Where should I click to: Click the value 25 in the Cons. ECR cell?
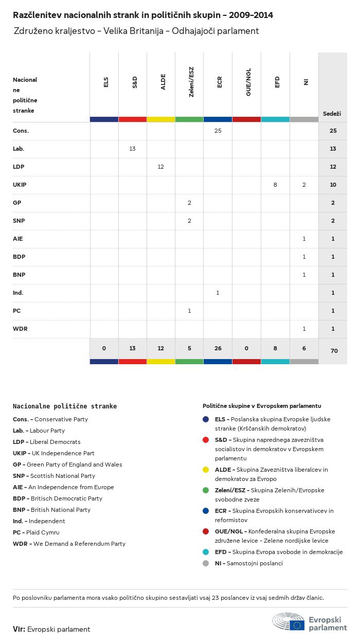(218, 131)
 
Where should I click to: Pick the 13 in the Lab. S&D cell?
(132, 149)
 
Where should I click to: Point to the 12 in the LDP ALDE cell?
(161, 167)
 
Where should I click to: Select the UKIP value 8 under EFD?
(275, 185)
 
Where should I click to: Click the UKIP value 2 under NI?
(304, 185)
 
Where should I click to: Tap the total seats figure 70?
(333, 351)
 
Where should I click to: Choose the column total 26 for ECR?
(218, 348)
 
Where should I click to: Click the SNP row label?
(19, 221)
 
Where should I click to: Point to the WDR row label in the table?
(21, 329)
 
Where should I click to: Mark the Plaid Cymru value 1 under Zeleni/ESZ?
(189, 311)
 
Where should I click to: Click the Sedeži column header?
(332, 113)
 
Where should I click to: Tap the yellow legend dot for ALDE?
(206, 470)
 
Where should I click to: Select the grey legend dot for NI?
(206, 563)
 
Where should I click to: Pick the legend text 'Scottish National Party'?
(63, 476)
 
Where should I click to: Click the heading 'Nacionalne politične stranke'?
(65, 406)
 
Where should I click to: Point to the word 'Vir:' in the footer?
(19, 629)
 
